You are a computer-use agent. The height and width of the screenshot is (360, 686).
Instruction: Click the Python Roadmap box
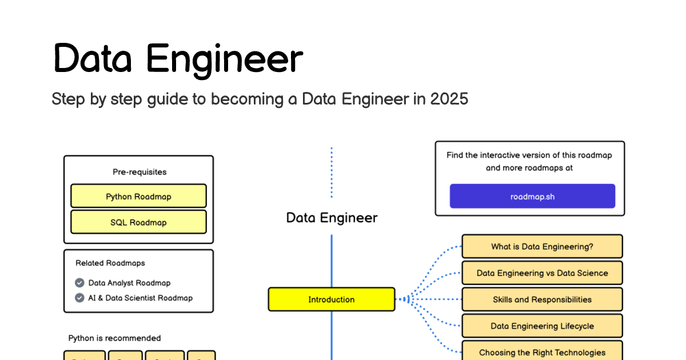(x=138, y=196)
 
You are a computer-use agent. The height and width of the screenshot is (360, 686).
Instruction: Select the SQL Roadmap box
(x=138, y=222)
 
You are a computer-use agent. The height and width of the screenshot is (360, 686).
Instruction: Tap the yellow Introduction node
(x=332, y=299)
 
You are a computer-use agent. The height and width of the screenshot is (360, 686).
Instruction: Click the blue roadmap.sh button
(x=532, y=196)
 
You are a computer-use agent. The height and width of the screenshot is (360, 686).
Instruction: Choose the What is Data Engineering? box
(x=542, y=247)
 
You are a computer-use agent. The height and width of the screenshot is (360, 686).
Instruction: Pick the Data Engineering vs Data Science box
(x=542, y=273)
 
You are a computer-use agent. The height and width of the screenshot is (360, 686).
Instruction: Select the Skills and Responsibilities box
(x=542, y=299)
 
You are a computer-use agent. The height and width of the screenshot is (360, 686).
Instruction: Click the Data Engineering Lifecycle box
(x=542, y=326)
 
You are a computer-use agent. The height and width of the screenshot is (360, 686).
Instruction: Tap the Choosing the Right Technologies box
(x=542, y=352)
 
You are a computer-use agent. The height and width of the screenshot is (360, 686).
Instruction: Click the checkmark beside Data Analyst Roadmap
(x=79, y=283)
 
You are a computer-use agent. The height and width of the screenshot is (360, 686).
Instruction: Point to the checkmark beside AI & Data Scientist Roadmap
(x=79, y=298)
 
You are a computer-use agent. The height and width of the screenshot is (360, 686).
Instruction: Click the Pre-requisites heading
(x=139, y=171)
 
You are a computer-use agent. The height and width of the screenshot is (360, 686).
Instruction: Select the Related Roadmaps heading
(x=110, y=263)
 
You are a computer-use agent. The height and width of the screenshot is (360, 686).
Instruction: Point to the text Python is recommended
(x=114, y=338)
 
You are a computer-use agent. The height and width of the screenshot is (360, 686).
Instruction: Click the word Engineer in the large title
(x=224, y=59)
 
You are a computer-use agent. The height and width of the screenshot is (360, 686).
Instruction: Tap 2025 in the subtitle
(x=449, y=99)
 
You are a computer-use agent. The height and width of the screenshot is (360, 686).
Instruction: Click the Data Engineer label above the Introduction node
(x=332, y=218)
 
